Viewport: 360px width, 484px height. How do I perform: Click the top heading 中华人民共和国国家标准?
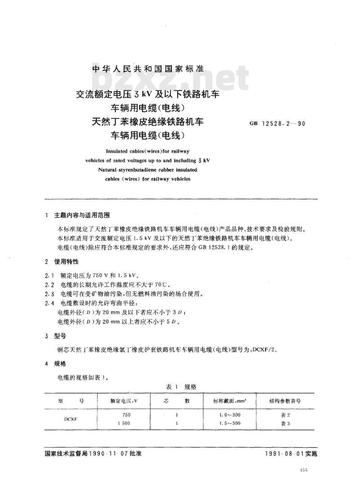[148, 69]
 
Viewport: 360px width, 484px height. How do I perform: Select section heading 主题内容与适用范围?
[81, 216]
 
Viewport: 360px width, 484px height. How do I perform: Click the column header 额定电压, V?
[124, 400]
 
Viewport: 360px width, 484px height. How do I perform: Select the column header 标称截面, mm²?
[233, 400]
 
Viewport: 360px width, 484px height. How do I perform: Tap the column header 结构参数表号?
[285, 400]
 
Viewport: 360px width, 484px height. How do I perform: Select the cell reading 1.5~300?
[229, 423]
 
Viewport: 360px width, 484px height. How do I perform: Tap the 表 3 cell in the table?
[285, 423]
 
